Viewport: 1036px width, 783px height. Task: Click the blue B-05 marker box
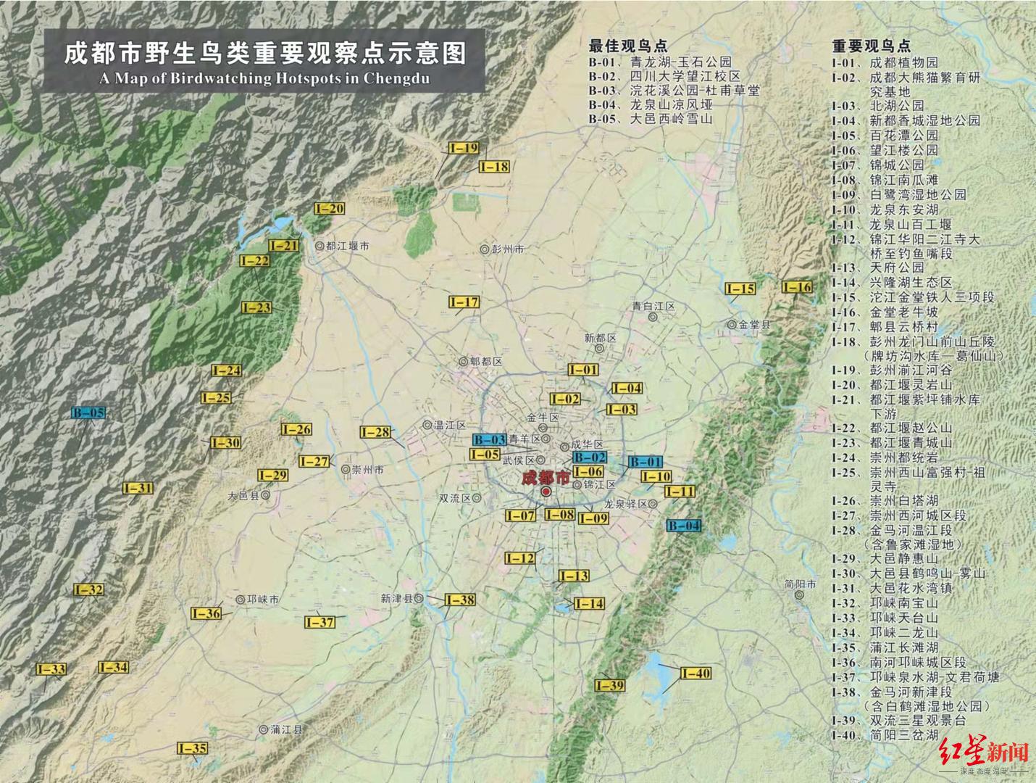click(x=88, y=413)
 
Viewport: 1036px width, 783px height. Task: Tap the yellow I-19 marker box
click(x=463, y=148)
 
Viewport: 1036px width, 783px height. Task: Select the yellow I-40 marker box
click(x=695, y=674)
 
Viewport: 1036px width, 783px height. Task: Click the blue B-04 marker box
click(x=684, y=526)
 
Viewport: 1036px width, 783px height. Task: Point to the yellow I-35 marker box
click(x=191, y=748)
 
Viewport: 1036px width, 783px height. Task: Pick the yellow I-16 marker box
click(x=797, y=287)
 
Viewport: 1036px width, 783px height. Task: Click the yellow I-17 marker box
click(x=464, y=302)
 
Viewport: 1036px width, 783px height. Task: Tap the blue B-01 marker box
click(x=645, y=462)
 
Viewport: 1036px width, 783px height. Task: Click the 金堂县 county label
click(x=754, y=325)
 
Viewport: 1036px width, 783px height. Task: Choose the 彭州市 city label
click(x=507, y=249)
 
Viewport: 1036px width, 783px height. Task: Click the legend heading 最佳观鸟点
click(x=627, y=46)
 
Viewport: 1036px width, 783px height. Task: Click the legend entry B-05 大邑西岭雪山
click(x=650, y=120)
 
